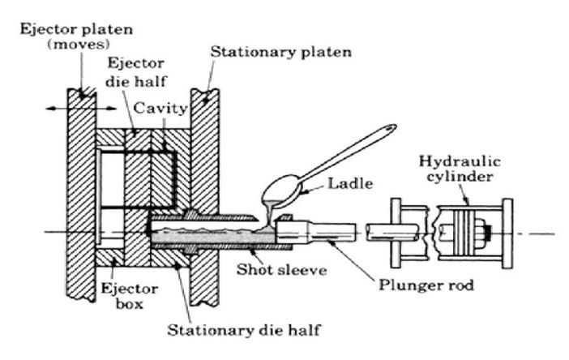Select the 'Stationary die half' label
point(243,330)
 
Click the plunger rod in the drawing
point(324,233)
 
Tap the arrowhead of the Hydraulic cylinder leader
point(467,199)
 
